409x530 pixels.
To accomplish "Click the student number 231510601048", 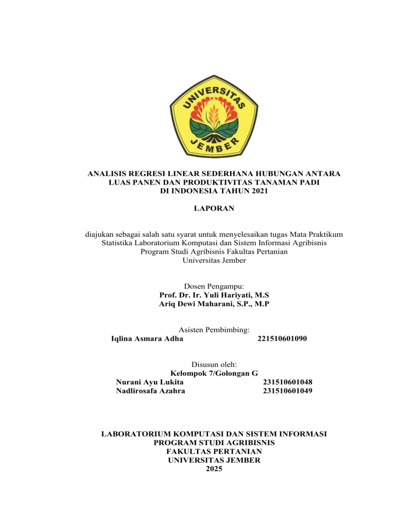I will (288, 382).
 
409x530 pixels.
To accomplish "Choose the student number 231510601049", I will (288, 391).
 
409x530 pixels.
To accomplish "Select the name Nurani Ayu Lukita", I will (150, 382).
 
